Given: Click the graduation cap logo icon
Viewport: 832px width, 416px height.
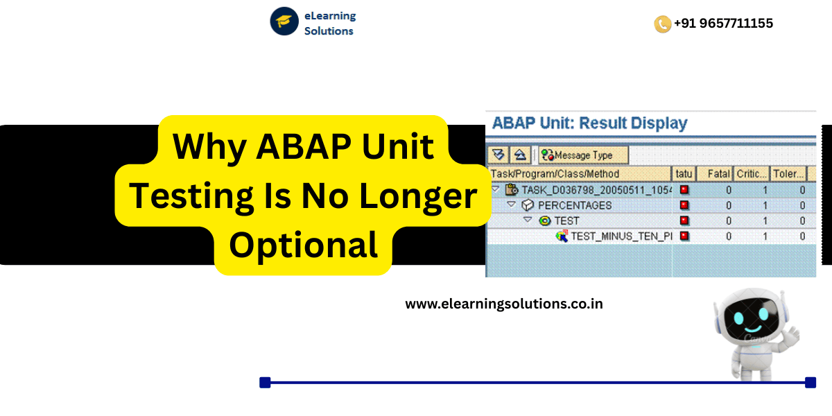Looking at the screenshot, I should pyautogui.click(x=284, y=21).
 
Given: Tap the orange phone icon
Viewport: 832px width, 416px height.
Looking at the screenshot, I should pyautogui.click(x=662, y=24).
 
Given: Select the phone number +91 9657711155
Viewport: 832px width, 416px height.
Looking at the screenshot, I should pyautogui.click(x=723, y=23).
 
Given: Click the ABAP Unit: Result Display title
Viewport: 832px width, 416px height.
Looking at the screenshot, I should pyautogui.click(x=589, y=123).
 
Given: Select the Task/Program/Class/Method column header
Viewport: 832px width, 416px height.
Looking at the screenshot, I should pyautogui.click(x=555, y=173).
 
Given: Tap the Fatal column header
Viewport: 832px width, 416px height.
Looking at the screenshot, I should pyautogui.click(x=719, y=173).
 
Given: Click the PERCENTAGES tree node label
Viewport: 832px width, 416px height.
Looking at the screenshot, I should pyautogui.click(x=575, y=205).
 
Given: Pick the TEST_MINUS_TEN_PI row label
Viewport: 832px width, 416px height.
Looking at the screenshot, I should pyautogui.click(x=621, y=236).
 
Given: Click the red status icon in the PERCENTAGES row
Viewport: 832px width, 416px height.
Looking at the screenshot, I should pyautogui.click(x=684, y=205).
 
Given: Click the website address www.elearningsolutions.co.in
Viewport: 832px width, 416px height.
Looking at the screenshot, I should pyautogui.click(x=504, y=304).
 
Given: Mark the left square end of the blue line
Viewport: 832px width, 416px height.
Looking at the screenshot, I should pyautogui.click(x=264, y=382).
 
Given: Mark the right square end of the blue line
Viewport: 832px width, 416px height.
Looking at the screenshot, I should pyautogui.click(x=811, y=382).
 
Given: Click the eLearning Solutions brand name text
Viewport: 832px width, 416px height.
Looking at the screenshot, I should pyautogui.click(x=330, y=23).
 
